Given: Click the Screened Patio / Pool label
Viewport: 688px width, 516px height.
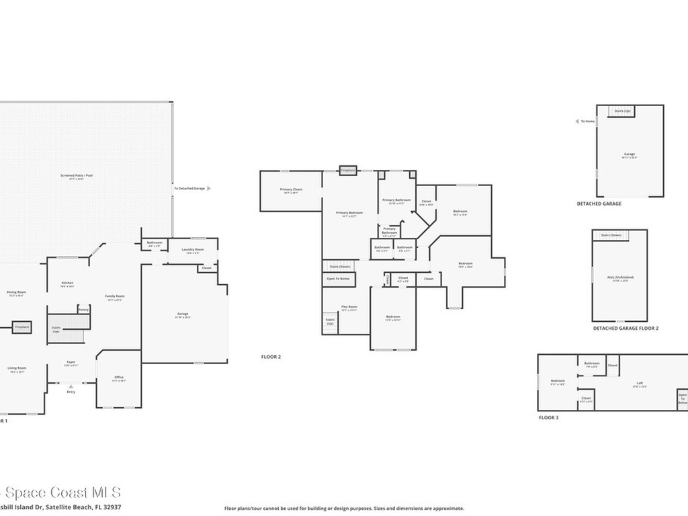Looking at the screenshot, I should click(76, 177).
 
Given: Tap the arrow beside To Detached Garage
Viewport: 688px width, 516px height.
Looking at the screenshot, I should click(209, 189).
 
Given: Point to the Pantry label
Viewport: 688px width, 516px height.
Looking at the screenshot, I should click(83, 309).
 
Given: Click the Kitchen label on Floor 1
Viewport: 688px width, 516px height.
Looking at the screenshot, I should click(67, 284).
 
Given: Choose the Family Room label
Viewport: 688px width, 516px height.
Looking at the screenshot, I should click(115, 297).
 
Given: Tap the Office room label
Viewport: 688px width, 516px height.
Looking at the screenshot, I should click(118, 378).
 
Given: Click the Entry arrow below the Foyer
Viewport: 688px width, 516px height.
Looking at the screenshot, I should click(71, 386).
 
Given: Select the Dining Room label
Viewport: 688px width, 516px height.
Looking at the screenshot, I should click(16, 293).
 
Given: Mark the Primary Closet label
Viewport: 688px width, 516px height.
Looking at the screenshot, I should click(291, 190).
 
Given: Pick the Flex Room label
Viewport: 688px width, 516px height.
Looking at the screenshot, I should click(349, 308).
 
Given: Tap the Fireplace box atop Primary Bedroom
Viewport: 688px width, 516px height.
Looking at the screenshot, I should click(347, 171).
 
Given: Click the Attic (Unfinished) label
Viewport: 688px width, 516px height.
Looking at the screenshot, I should click(619, 277).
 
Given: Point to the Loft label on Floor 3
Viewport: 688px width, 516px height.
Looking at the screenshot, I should click(639, 385).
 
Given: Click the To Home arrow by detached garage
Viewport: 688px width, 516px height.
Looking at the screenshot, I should click(577, 122).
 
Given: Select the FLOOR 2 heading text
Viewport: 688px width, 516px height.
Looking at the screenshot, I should click(271, 357).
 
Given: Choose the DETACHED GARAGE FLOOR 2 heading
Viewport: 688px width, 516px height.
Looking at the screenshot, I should click(626, 329).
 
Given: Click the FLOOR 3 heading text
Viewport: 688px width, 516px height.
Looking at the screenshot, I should click(548, 418).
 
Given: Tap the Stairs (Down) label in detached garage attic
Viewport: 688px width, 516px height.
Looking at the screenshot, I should click(611, 235).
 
